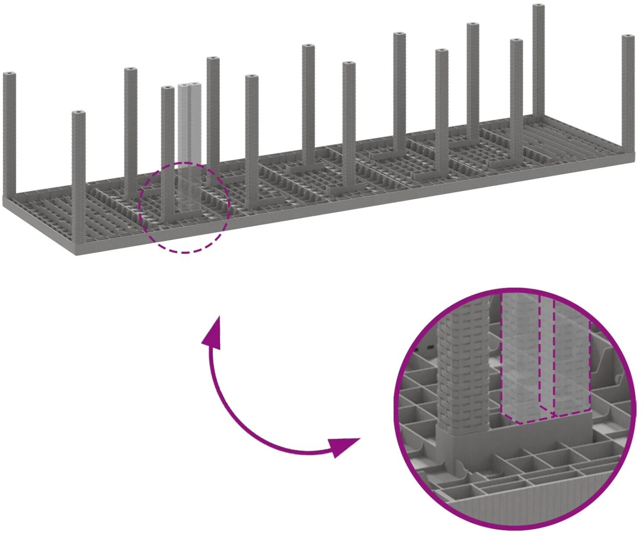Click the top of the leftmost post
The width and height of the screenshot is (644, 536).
coord(9,74)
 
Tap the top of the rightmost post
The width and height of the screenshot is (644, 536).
coord(629,37)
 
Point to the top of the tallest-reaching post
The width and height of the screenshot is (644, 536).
coord(539,6)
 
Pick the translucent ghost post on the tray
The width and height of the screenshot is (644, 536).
coord(189,145)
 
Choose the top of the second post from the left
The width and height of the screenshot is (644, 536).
coord(79,114)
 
